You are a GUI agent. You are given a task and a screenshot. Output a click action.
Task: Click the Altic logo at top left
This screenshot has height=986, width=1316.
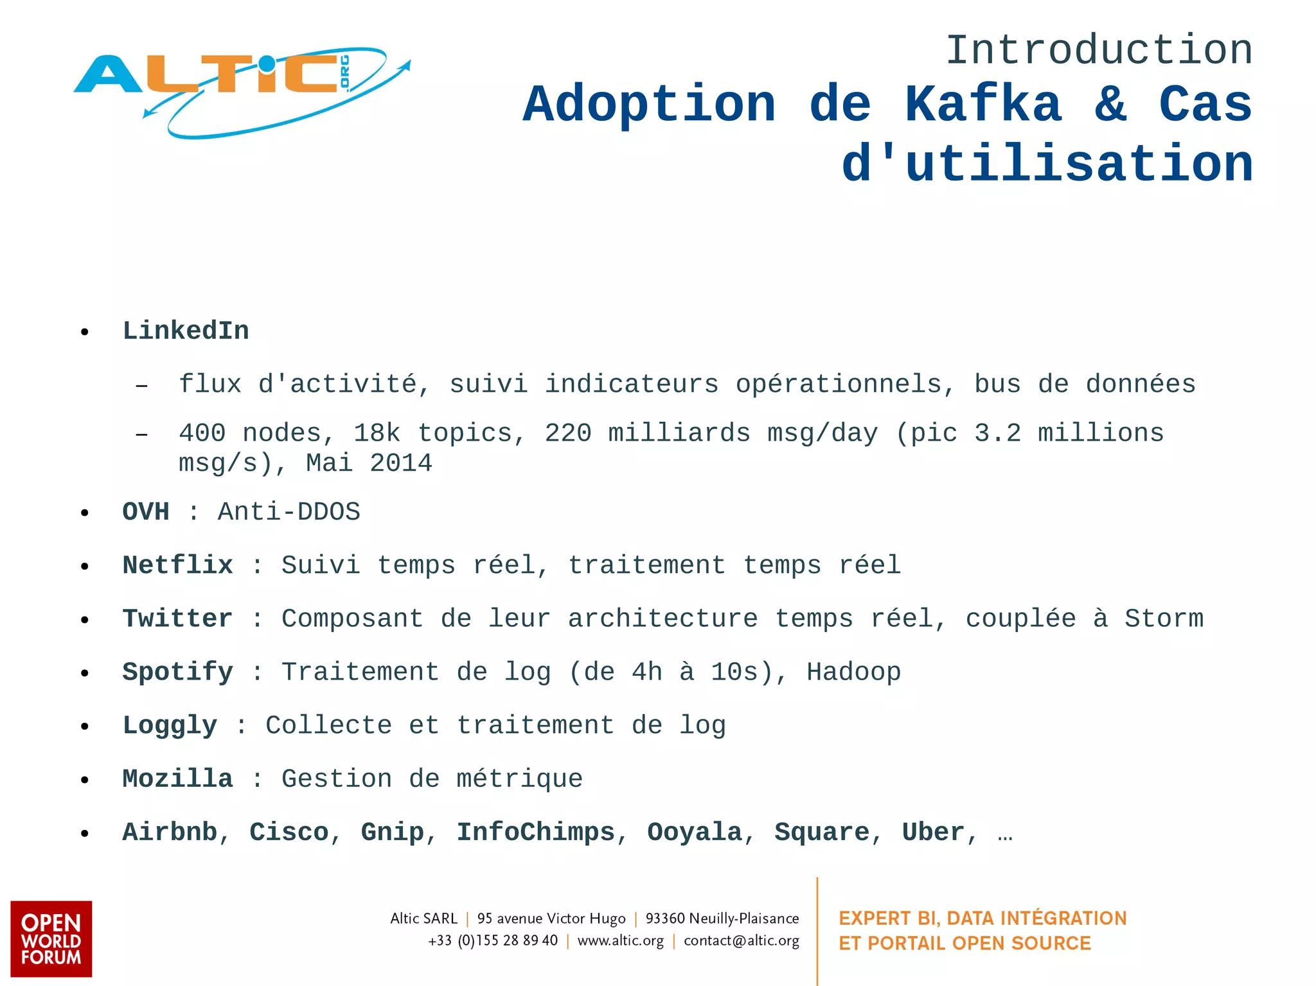click(x=241, y=90)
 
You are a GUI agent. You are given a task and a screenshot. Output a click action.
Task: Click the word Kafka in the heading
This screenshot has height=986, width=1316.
click(x=983, y=105)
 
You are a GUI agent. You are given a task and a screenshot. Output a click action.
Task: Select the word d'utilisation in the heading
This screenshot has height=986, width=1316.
click(x=1047, y=164)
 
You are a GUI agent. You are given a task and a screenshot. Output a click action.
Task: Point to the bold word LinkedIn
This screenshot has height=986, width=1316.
click(x=186, y=331)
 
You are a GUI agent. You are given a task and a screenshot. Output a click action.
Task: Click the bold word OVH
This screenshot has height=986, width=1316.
click(x=146, y=512)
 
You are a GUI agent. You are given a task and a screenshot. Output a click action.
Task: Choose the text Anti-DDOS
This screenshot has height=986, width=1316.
click(x=289, y=512)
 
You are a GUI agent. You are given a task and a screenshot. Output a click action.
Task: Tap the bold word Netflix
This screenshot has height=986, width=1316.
click(x=178, y=565)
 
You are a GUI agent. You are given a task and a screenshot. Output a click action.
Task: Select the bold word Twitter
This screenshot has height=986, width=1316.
click(x=178, y=619)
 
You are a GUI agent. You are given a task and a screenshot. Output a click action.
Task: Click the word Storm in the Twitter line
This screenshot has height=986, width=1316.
click(x=1164, y=619)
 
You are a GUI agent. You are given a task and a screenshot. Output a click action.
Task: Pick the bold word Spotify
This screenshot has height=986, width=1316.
click(x=178, y=672)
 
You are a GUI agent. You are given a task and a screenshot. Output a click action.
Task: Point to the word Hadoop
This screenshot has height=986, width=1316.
click(x=854, y=672)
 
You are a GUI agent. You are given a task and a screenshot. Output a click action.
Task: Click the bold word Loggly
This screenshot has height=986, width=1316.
click(x=170, y=725)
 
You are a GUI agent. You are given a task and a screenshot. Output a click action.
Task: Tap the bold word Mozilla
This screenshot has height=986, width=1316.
click(x=178, y=779)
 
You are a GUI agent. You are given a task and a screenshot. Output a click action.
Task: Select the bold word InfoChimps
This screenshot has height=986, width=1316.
click(x=536, y=832)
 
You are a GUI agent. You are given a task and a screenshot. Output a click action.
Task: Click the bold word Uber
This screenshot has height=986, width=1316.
click(x=933, y=832)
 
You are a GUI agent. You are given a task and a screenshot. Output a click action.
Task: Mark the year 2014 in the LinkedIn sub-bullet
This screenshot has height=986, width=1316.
click(x=401, y=463)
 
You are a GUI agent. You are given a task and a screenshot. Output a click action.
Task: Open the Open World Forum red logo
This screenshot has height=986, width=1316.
click(x=51, y=938)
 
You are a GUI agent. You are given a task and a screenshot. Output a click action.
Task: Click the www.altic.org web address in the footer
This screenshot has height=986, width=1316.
click(x=621, y=941)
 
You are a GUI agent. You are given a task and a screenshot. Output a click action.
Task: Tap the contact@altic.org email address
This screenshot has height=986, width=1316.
click(x=742, y=941)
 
